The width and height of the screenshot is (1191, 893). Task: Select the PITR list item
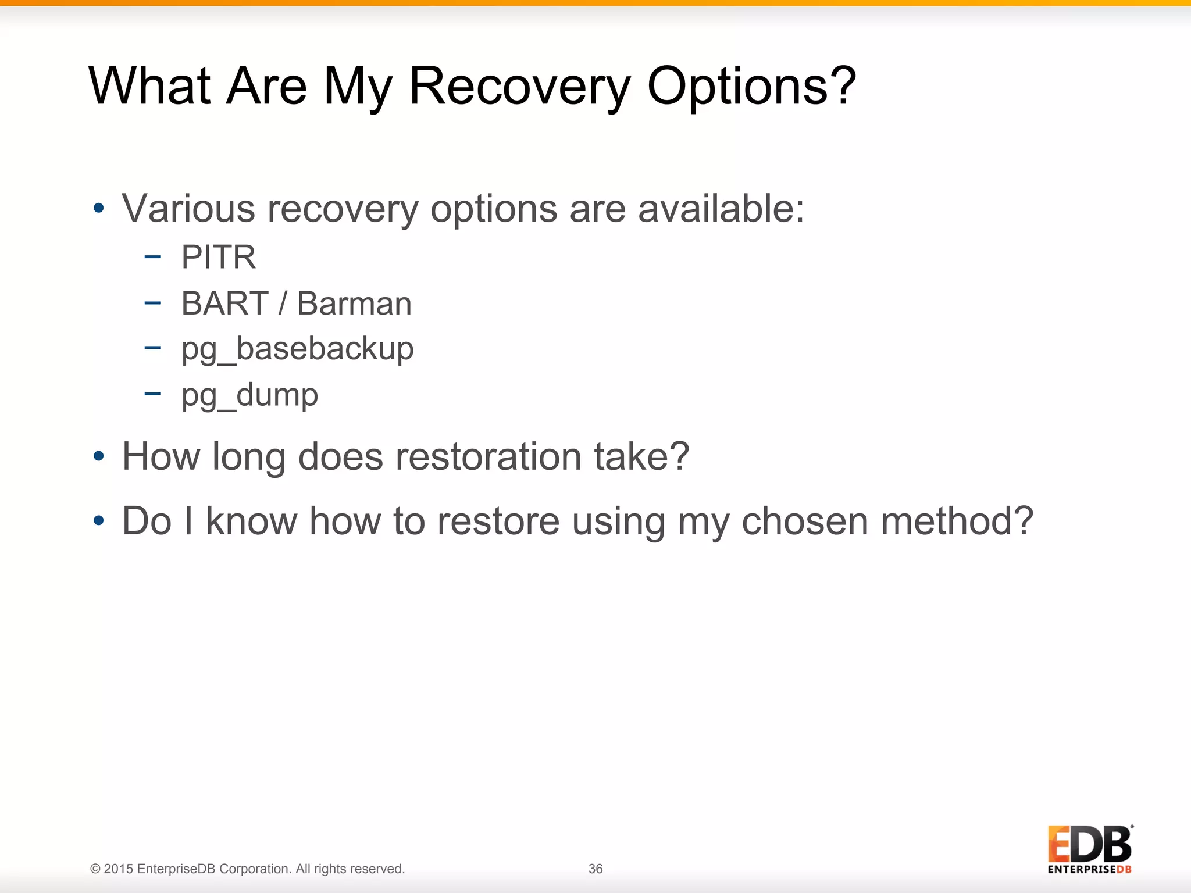[218, 257]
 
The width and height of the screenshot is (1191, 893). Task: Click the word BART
[224, 303]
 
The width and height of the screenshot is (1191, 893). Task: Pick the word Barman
[354, 303]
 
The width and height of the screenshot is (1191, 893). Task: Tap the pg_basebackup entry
[297, 349]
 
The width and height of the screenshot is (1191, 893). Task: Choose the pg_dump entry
[249, 396]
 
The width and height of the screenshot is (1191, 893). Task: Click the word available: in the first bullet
[721, 208]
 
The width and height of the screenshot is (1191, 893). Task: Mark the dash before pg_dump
[152, 394]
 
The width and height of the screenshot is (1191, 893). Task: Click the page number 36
[595, 869]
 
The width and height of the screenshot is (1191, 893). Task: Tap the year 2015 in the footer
[119, 869]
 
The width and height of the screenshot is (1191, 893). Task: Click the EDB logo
[1090, 849]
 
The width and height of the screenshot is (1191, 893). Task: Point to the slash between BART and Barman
[283, 303]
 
